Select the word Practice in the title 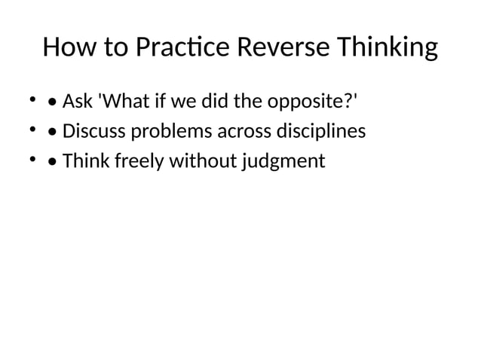click(x=183, y=48)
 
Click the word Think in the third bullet click(x=85, y=161)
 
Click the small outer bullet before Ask click(x=33, y=99)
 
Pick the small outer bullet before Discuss click(x=33, y=129)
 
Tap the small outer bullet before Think click(x=33, y=159)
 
